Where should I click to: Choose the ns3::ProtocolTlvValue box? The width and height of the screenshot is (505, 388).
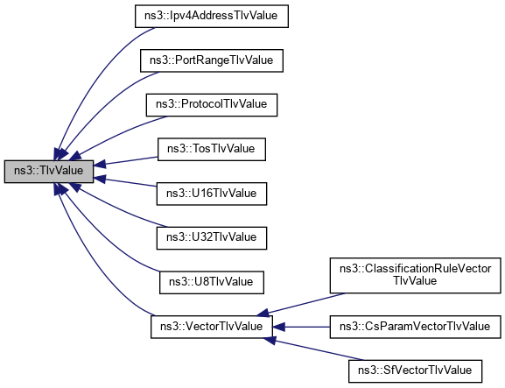tap(211, 104)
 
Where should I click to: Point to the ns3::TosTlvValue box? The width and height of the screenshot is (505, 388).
tap(210, 149)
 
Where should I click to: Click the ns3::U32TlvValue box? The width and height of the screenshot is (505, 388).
tap(210, 236)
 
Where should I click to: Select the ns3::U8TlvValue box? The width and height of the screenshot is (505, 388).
tap(210, 281)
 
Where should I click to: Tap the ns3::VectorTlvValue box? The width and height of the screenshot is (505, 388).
tap(210, 326)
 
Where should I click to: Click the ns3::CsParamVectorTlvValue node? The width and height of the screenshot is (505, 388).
tap(415, 326)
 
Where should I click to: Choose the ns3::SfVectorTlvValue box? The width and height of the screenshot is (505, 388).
tap(415, 370)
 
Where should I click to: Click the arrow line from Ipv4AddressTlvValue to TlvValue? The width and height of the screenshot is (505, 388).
tap(96, 70)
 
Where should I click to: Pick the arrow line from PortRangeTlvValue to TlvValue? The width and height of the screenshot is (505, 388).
tap(105, 105)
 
